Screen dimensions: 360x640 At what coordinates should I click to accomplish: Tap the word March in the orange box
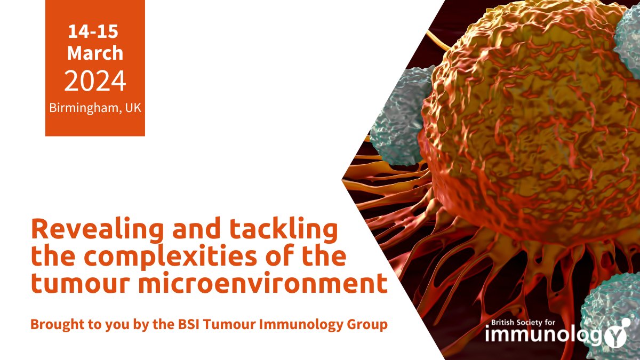(95, 53)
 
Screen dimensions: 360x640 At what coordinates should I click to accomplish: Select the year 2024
(95, 81)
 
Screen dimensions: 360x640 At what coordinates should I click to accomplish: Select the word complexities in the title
(155, 257)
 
